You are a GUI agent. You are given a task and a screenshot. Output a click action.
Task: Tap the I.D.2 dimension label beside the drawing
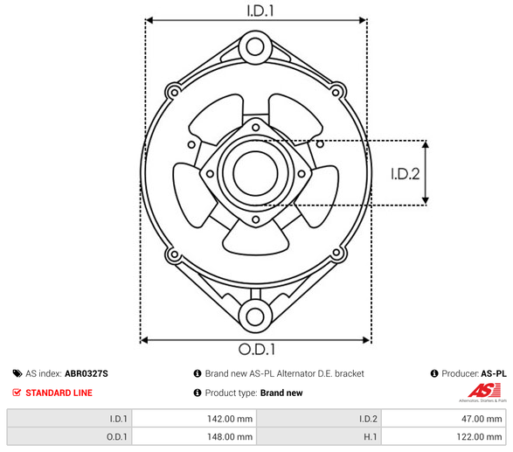405,173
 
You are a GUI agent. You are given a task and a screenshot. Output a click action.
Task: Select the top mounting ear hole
254,45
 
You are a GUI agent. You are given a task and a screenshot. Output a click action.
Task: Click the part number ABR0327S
87,373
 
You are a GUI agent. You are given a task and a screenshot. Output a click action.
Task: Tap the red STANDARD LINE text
59,393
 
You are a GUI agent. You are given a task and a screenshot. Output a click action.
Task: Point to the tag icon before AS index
17,373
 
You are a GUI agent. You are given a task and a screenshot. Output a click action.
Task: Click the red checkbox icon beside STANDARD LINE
17,393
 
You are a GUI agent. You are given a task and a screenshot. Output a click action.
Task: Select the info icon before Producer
434,373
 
